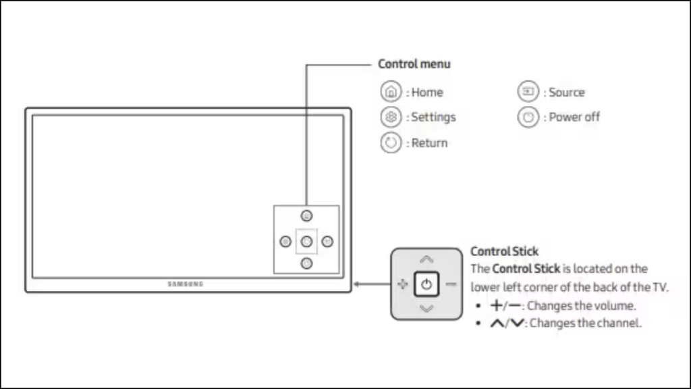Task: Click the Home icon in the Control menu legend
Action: point(390,92)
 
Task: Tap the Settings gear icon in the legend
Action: point(390,117)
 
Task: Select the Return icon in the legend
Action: point(390,142)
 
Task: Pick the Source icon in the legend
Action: point(528,92)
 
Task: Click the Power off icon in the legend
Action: point(528,117)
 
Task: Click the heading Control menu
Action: point(414,64)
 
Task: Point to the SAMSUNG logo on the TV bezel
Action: point(186,284)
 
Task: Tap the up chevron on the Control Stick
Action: point(426,259)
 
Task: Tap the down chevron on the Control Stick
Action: point(426,309)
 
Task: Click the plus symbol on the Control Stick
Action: point(402,284)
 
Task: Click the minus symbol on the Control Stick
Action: point(451,284)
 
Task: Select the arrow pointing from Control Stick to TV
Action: point(370,284)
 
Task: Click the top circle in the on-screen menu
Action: point(306,217)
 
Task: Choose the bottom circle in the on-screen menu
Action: point(306,263)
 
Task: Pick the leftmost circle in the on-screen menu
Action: point(285,241)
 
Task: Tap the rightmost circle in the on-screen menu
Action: point(327,241)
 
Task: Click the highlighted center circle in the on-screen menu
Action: point(306,241)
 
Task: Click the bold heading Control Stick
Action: point(504,252)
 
